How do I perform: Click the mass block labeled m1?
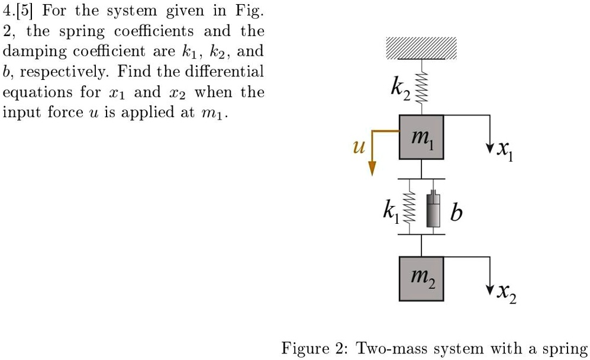[421, 137]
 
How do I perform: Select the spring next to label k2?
[421, 88]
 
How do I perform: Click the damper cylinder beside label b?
[435, 211]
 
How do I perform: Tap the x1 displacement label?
[505, 153]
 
